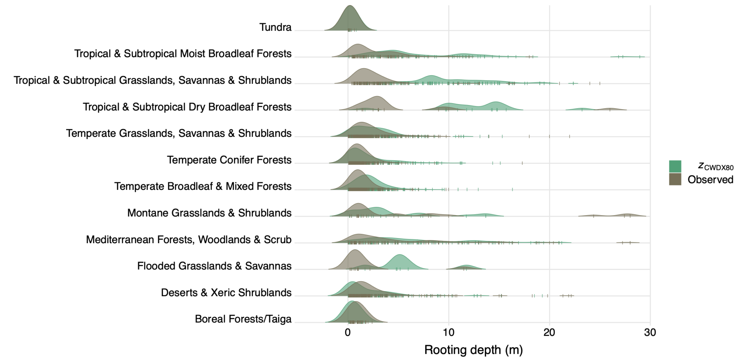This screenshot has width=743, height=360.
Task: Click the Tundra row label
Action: pyautogui.click(x=275, y=27)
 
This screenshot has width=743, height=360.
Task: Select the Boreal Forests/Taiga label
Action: pyautogui.click(x=243, y=319)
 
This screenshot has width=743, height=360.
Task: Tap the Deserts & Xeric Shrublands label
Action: pyautogui.click(x=226, y=292)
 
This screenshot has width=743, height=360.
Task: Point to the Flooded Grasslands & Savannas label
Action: pyautogui.click(x=214, y=266)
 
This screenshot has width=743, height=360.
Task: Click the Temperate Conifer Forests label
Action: pyautogui.click(x=229, y=160)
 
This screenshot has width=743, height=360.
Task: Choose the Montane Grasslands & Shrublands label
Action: pyautogui.click(x=209, y=213)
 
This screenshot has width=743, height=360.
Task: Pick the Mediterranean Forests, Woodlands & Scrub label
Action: pyautogui.click(x=189, y=240)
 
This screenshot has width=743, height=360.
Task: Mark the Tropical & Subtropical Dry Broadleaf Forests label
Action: pyautogui.click(x=187, y=107)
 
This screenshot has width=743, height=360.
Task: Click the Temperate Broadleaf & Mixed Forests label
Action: pyautogui.click(x=203, y=187)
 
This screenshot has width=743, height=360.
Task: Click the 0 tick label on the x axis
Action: pyautogui.click(x=348, y=332)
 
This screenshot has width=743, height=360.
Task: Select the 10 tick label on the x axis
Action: pyautogui.click(x=449, y=332)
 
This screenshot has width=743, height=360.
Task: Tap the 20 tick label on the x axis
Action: pyautogui.click(x=549, y=332)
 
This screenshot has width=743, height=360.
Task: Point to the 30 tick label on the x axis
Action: pyautogui.click(x=650, y=332)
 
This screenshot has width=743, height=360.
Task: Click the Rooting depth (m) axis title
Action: pyautogui.click(x=473, y=350)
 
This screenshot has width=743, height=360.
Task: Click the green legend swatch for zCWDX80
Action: pyautogui.click(x=675, y=167)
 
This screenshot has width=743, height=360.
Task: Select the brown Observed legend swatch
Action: pyautogui.click(x=675, y=179)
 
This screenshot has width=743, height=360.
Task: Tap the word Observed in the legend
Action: pyautogui.click(x=710, y=180)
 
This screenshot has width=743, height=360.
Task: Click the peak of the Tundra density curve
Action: pyautogui.click(x=350, y=7)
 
